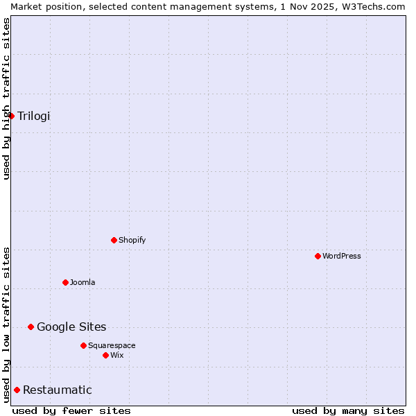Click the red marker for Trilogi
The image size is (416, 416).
tap(11, 116)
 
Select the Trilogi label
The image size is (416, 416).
tap(34, 116)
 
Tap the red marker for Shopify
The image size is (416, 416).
tap(114, 240)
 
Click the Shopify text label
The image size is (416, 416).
tap(132, 240)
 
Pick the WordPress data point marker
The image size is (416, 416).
tap(318, 256)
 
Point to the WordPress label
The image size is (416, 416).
tap(342, 256)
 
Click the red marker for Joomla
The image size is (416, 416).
tap(65, 282)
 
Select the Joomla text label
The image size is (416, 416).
tap(83, 282)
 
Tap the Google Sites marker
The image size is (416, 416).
tap(31, 327)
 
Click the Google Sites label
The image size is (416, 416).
tap(71, 327)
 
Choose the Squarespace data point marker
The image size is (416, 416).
tap(83, 345)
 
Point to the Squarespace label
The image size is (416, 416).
tap(112, 345)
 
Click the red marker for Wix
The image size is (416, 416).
tap(105, 355)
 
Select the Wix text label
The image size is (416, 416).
tap(117, 355)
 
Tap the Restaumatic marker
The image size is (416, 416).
tap(17, 390)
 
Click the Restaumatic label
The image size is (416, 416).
tap(58, 390)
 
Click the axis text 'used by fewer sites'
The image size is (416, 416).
tap(71, 410)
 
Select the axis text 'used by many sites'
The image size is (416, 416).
tap(348, 410)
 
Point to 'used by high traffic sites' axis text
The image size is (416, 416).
tap(6, 98)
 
